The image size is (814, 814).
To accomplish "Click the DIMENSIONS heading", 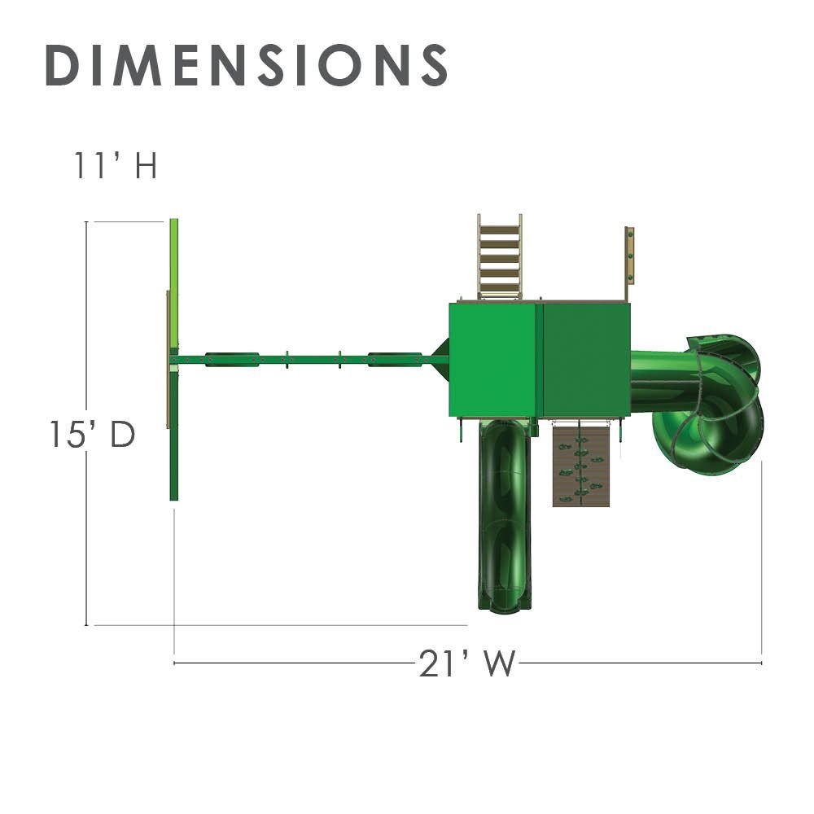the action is coord(247,65).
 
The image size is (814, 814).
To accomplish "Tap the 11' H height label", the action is coord(115,165).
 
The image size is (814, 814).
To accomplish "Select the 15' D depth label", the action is coord(93,434).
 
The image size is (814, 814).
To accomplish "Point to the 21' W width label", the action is coord(466,663).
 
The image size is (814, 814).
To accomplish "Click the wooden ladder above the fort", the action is coord(500,256).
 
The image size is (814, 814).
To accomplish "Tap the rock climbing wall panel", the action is coord(581,464).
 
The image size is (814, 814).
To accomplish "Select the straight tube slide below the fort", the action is coord(505,514).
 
